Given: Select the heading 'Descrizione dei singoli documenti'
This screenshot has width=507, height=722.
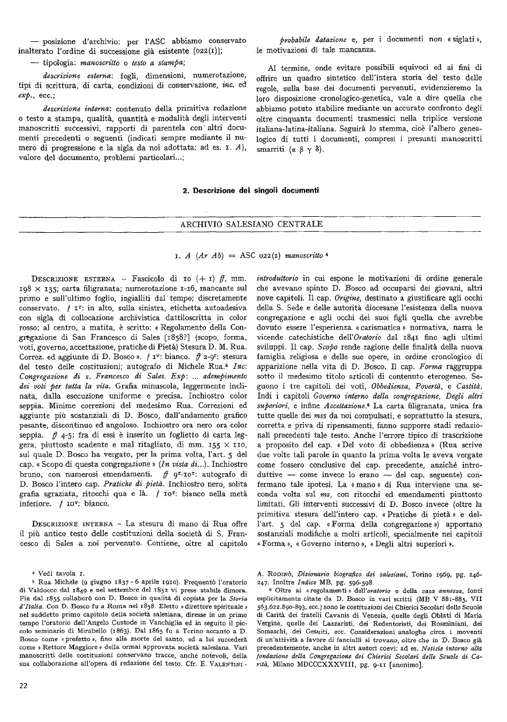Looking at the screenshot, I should [x=253, y=190].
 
